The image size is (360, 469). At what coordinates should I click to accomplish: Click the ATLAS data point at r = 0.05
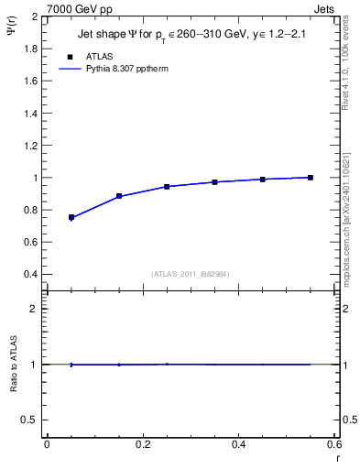tap(71, 217)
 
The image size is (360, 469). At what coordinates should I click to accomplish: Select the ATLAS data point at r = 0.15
tap(119, 196)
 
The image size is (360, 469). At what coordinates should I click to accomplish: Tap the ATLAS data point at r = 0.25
tap(167, 186)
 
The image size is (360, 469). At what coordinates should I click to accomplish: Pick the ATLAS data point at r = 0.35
tap(214, 181)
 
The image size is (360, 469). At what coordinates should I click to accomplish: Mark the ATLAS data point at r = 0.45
tap(263, 179)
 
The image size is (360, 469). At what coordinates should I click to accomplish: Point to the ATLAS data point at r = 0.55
tap(311, 177)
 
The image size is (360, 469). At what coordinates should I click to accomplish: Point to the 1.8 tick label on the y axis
tap(31, 49)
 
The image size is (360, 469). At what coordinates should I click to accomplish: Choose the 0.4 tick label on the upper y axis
tap(31, 274)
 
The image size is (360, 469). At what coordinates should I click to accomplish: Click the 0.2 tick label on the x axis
tap(142, 443)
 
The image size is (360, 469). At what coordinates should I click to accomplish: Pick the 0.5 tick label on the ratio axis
tap(31, 420)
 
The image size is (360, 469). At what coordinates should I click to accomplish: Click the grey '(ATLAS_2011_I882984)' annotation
tap(190, 274)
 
